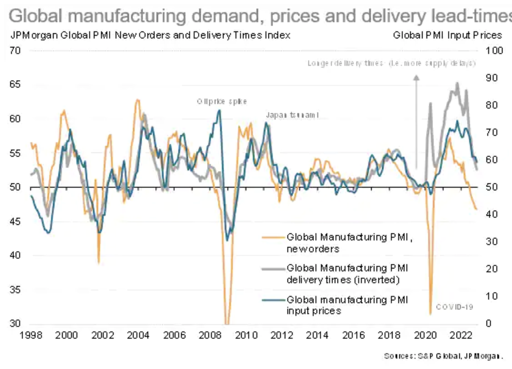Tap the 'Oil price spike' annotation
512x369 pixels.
tap(222, 102)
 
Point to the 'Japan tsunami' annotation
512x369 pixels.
tap(292, 115)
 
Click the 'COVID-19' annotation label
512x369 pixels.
tap(454, 307)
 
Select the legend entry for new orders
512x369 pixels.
tap(349, 243)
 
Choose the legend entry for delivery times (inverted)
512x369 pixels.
tap(347, 274)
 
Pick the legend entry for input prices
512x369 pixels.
tap(347, 305)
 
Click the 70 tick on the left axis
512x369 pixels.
tap(15, 50)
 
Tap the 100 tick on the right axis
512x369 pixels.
tap(494, 50)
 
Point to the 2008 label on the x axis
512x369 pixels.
tap(210, 335)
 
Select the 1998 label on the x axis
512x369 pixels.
tap(31, 335)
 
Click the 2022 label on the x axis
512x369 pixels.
tap(460, 335)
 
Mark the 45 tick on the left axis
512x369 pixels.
tap(15, 221)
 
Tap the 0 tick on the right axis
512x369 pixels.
tap(488, 323)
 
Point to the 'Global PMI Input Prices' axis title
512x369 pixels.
tap(447, 35)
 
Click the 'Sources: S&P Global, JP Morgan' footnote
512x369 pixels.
tap(443, 356)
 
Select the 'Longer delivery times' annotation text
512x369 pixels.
tap(391, 63)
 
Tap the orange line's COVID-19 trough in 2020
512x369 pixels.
tap(430, 313)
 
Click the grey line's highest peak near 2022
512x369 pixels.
tap(457, 83)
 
